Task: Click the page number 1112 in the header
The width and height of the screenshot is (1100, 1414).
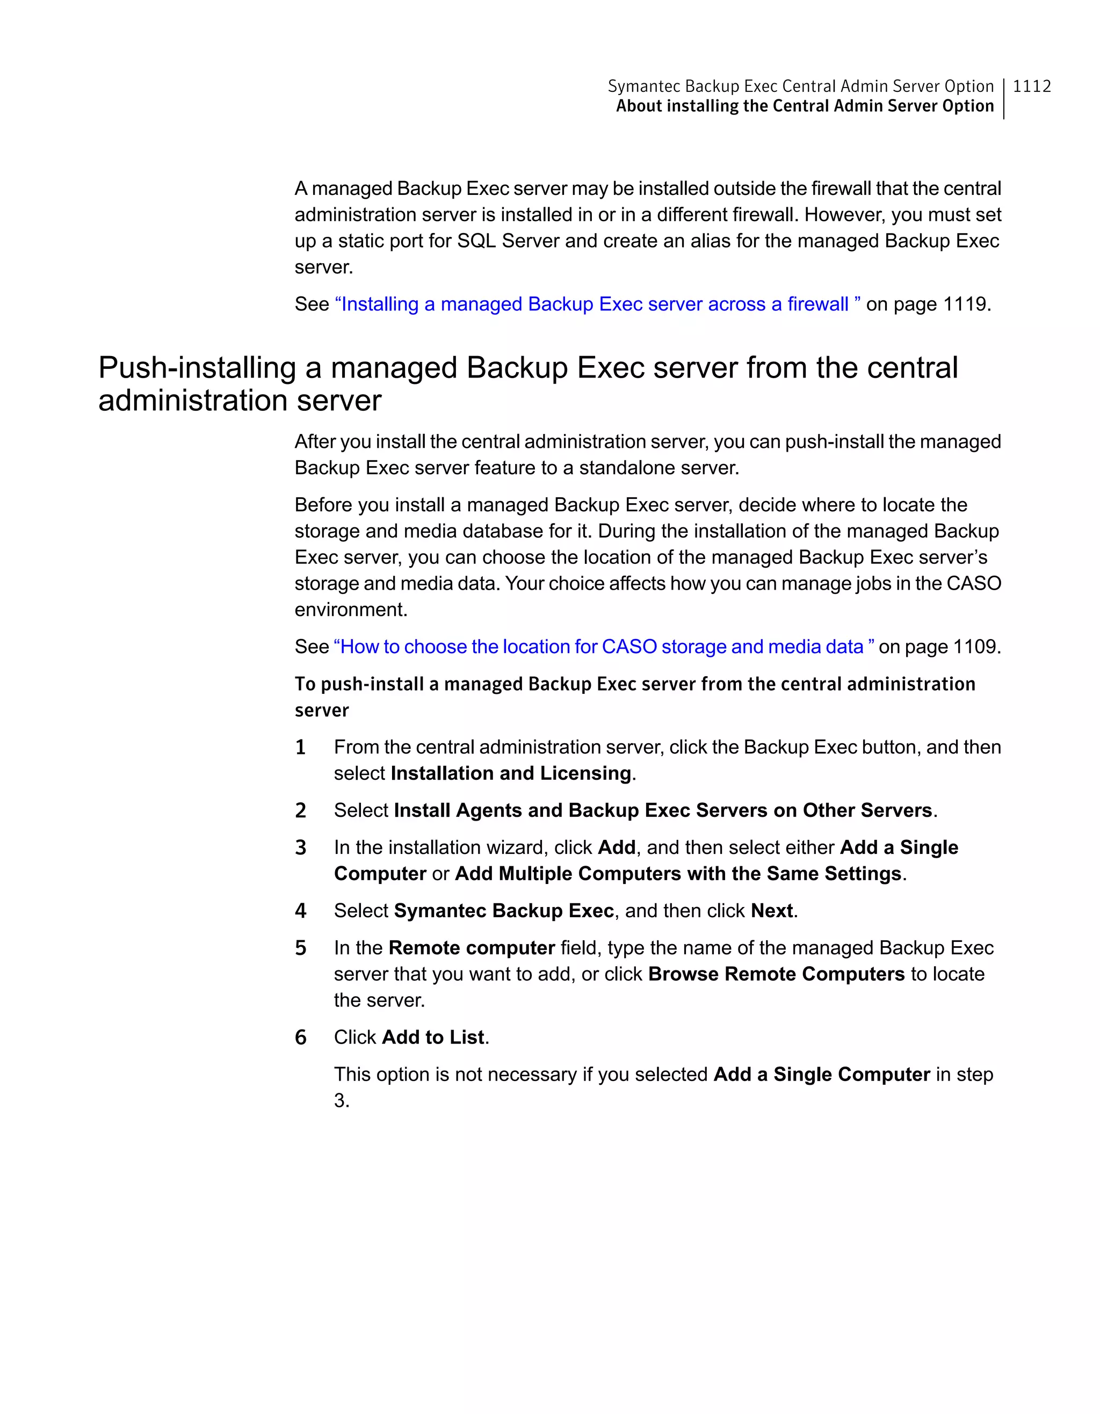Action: [x=1031, y=86]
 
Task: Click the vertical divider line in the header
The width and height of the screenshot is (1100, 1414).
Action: [x=1003, y=98]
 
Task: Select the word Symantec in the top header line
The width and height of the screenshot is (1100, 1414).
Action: [x=643, y=86]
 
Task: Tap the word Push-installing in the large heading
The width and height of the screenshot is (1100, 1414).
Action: [x=197, y=367]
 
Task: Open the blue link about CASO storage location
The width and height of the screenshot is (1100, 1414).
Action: [x=603, y=646]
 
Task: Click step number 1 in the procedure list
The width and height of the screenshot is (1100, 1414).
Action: [x=300, y=747]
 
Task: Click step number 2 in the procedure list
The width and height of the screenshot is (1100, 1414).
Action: [x=300, y=810]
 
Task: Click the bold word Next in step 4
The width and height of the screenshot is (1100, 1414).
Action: [x=772, y=910]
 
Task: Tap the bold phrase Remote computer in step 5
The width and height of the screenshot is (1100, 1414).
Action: [x=472, y=948]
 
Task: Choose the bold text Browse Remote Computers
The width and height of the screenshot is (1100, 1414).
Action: [x=776, y=974]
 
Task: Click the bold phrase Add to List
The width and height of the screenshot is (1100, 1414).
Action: [x=433, y=1037]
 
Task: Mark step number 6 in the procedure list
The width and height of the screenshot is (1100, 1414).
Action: [x=300, y=1037]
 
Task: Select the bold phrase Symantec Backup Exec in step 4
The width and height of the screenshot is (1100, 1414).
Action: [x=504, y=910]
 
